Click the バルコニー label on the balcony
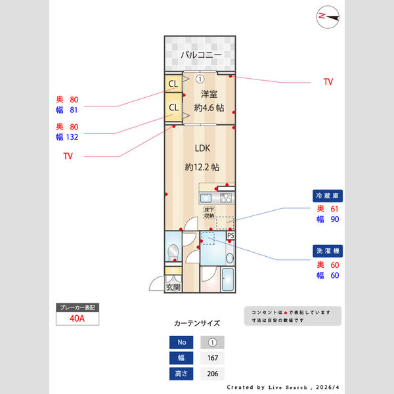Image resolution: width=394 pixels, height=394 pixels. pos(200,55)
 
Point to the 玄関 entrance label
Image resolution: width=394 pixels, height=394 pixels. pos(173,287)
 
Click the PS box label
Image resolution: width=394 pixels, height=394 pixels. pos(230,235)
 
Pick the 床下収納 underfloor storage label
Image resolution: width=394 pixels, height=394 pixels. pos(209,213)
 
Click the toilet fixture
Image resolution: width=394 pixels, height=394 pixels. pos(172,251)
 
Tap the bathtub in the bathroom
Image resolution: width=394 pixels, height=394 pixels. pos(229,280)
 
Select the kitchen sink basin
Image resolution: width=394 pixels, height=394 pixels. pos(206,198)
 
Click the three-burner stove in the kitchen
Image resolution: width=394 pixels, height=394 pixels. pos(225,197)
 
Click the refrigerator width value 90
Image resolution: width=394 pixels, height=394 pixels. pos(334,219)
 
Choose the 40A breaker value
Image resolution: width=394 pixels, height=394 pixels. pos(77,318)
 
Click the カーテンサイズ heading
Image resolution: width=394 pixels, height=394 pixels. pos(197,323)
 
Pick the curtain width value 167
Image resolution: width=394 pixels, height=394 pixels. pos(212,359)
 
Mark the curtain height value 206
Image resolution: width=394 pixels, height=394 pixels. pos(212,374)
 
